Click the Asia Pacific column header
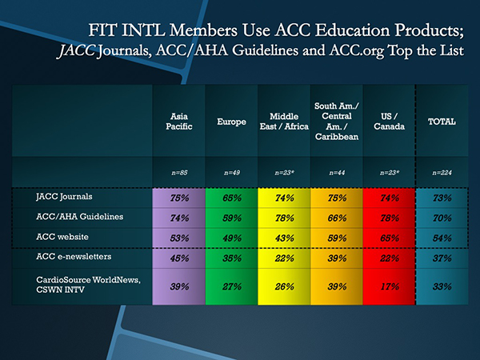point(178,122)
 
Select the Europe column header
point(231,122)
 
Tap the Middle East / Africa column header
point(283,122)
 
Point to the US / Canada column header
point(389,122)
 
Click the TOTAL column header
point(442,122)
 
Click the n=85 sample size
point(178,172)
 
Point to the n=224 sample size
point(442,172)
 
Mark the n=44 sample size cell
point(336,172)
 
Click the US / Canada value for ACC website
point(389,237)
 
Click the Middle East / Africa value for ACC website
point(283,237)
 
